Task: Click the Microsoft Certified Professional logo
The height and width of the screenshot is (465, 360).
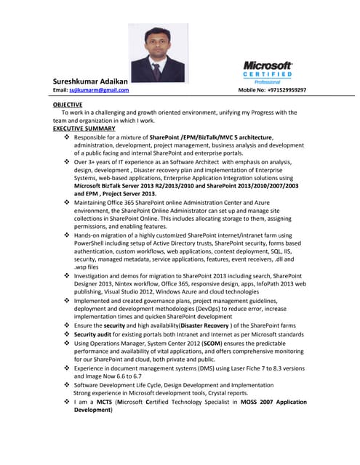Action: click(x=267, y=73)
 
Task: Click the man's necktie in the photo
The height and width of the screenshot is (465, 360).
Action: click(x=156, y=71)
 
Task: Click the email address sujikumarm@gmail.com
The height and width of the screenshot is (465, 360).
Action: click(x=99, y=90)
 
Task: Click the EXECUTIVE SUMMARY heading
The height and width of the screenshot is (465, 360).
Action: click(x=84, y=129)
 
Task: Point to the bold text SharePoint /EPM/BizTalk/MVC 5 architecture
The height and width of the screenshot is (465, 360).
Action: click(x=211, y=137)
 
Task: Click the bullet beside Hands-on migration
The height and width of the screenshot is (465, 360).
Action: click(x=68, y=235)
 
